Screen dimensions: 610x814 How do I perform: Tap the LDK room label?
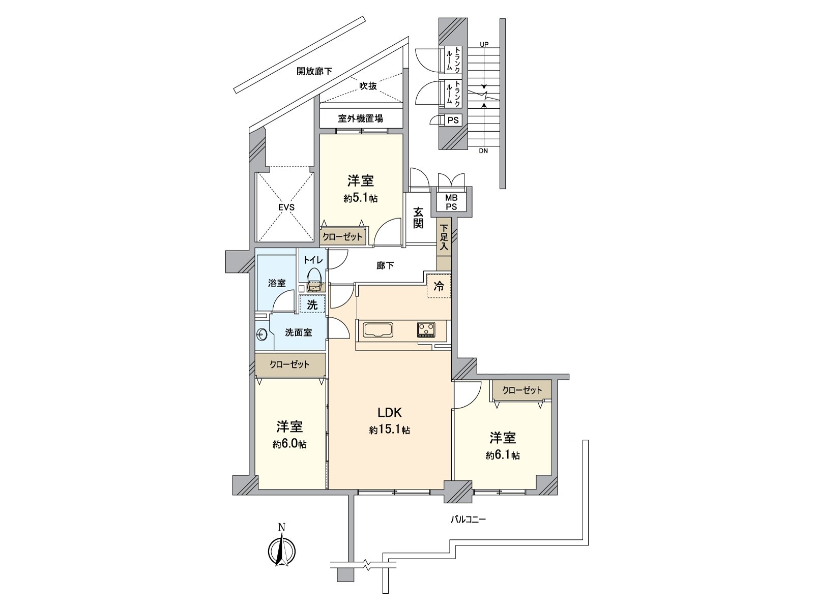(x=390, y=412)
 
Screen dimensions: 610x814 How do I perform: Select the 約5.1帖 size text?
(x=361, y=199)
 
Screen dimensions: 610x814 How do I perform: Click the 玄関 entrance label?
(x=418, y=217)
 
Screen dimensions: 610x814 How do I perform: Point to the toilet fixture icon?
(x=314, y=280)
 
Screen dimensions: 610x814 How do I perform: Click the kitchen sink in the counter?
(x=377, y=330)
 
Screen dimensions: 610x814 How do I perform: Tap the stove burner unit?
(x=426, y=330)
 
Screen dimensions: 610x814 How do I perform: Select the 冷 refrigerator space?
(x=439, y=286)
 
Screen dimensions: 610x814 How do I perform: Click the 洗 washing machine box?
(x=312, y=305)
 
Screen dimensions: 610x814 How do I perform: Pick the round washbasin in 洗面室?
(x=262, y=334)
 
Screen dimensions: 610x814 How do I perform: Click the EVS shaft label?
(x=285, y=207)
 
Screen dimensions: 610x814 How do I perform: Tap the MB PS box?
(x=451, y=202)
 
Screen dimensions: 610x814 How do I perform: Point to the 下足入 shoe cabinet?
(x=444, y=237)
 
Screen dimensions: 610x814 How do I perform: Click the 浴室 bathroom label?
(x=277, y=283)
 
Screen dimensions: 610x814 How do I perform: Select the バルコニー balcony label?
(x=468, y=520)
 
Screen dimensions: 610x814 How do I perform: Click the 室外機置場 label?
(x=361, y=119)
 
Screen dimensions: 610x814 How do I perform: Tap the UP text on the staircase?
(x=484, y=45)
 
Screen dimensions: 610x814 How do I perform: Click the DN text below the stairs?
(x=483, y=151)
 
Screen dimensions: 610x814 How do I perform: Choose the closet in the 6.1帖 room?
(x=522, y=390)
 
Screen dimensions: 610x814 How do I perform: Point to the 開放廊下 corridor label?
(x=314, y=72)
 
